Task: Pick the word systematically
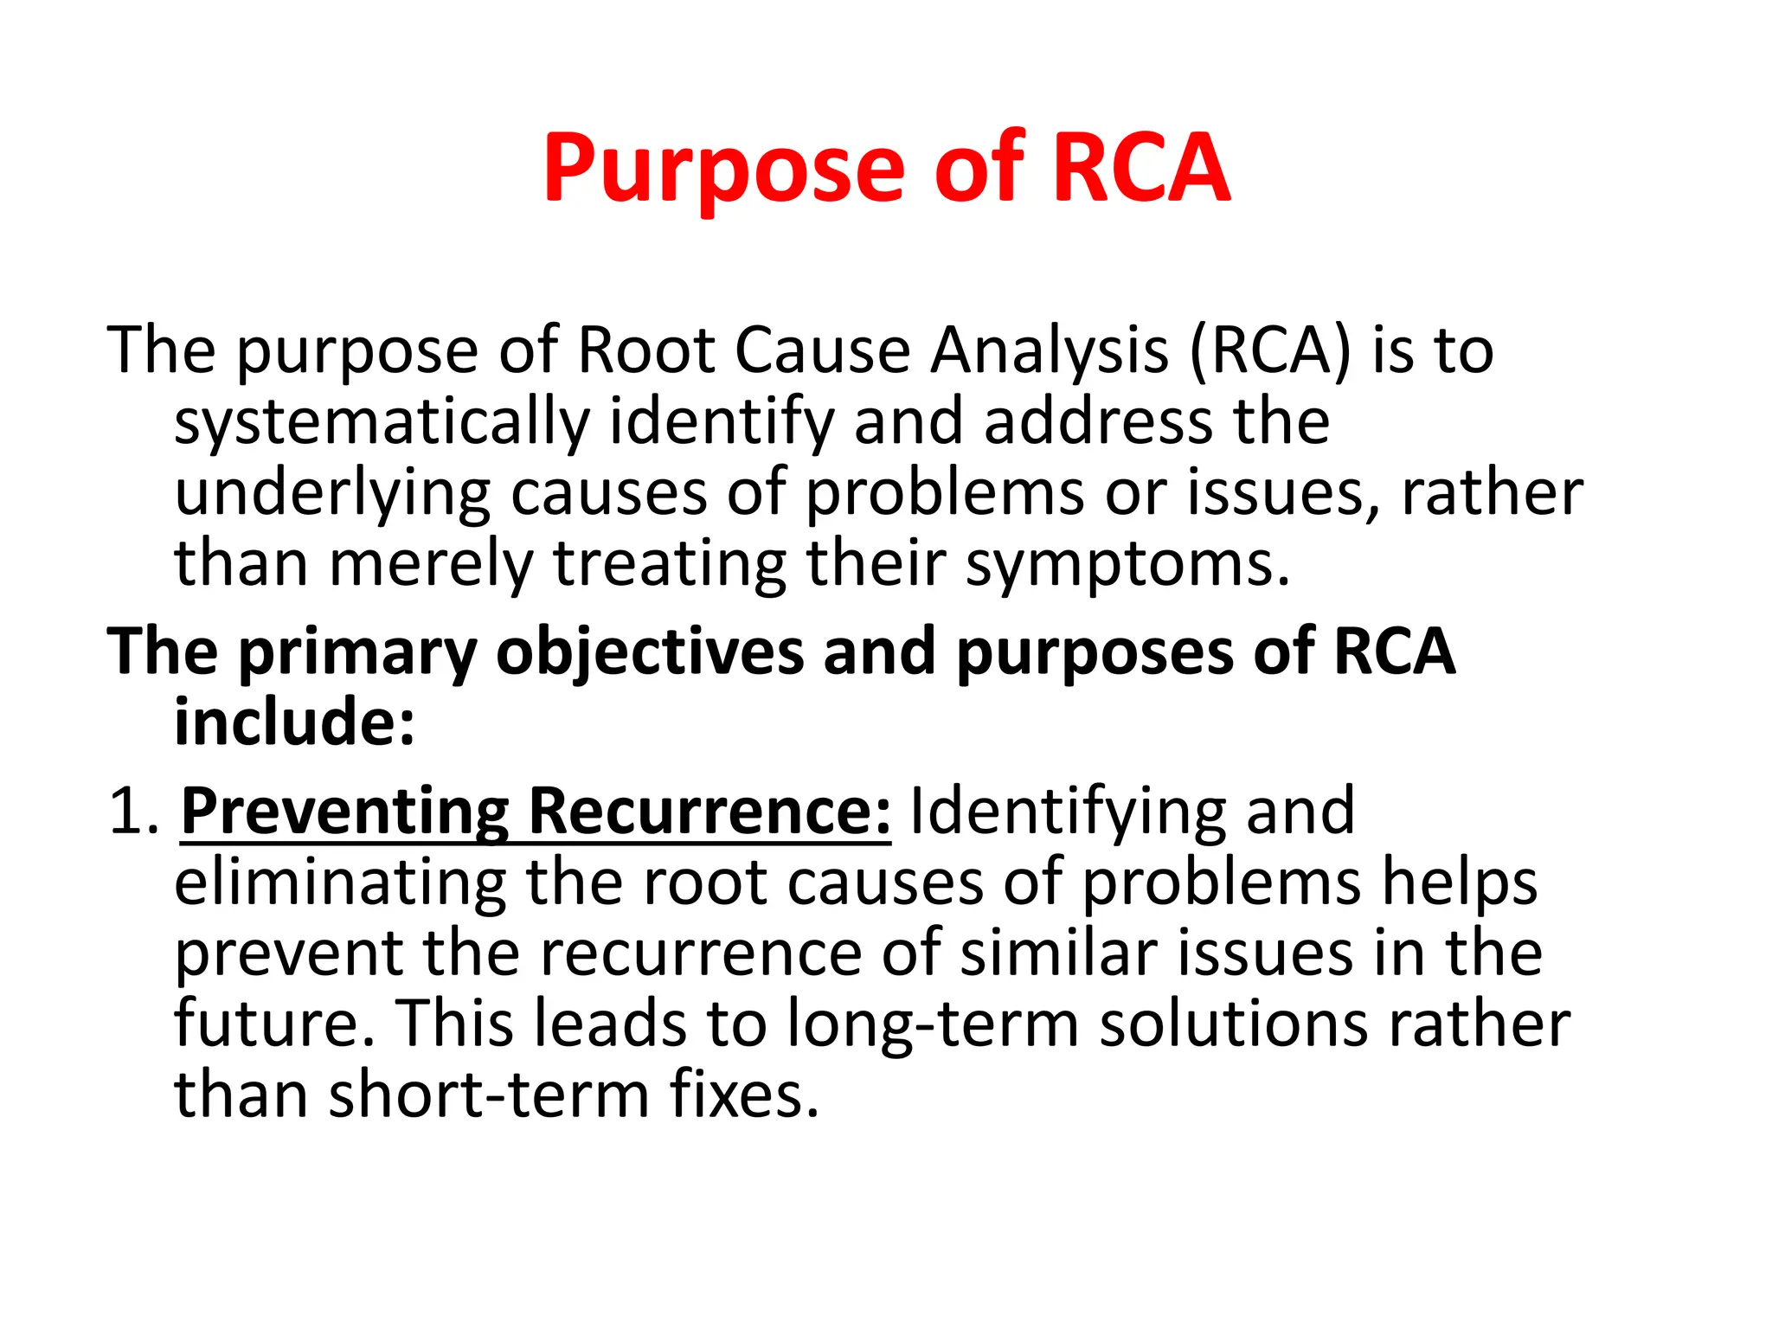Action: tap(382, 424)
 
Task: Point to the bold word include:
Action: tap(295, 722)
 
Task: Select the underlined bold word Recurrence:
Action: tap(709, 812)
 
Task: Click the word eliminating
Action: tap(340, 883)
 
